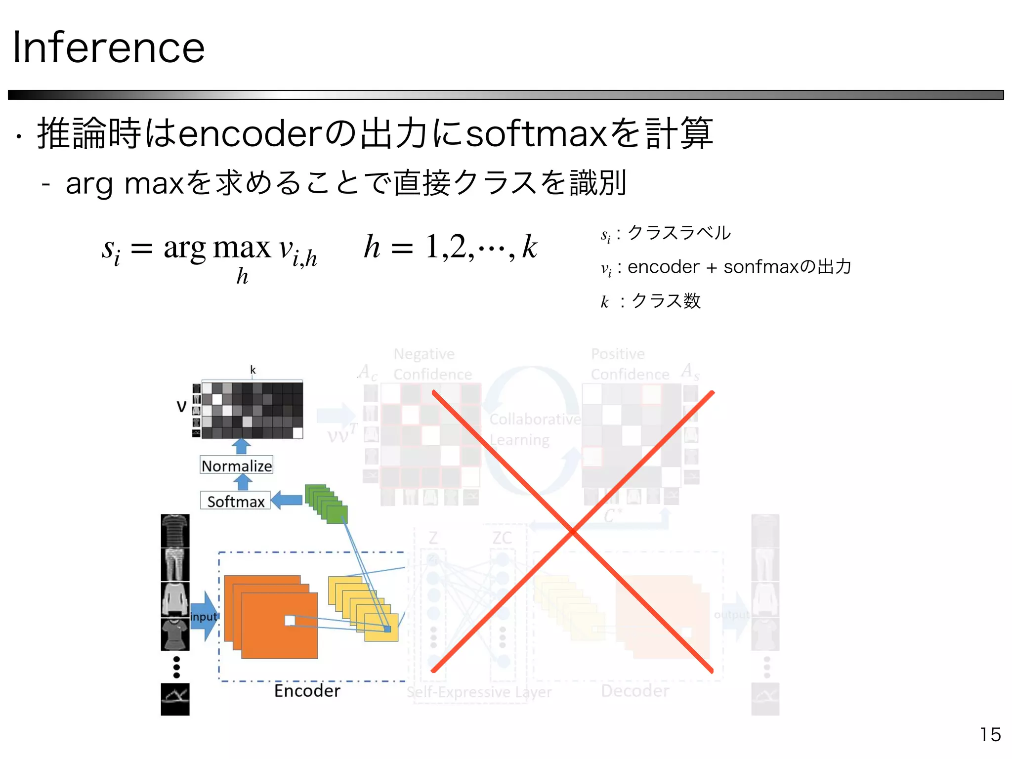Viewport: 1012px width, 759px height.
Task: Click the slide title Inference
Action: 108,47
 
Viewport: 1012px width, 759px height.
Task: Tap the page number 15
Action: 990,735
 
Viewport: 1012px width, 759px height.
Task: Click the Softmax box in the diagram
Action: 236,501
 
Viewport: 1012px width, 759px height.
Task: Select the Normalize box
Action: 236,465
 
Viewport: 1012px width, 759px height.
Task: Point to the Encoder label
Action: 307,691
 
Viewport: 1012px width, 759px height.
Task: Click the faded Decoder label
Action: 635,691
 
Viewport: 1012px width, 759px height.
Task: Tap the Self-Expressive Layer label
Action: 479,692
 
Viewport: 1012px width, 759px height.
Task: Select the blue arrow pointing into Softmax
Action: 287,500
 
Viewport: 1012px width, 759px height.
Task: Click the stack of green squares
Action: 326,504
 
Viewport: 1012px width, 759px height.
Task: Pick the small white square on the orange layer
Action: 290,621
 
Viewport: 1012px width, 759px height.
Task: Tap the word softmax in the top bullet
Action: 536,133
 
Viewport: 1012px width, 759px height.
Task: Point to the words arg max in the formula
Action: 217,247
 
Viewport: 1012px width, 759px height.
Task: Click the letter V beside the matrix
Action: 181,407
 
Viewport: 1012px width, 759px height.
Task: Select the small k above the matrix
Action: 253,370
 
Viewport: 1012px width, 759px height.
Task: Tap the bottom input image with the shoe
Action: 175,699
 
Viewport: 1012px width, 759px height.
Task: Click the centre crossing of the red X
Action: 573,532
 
